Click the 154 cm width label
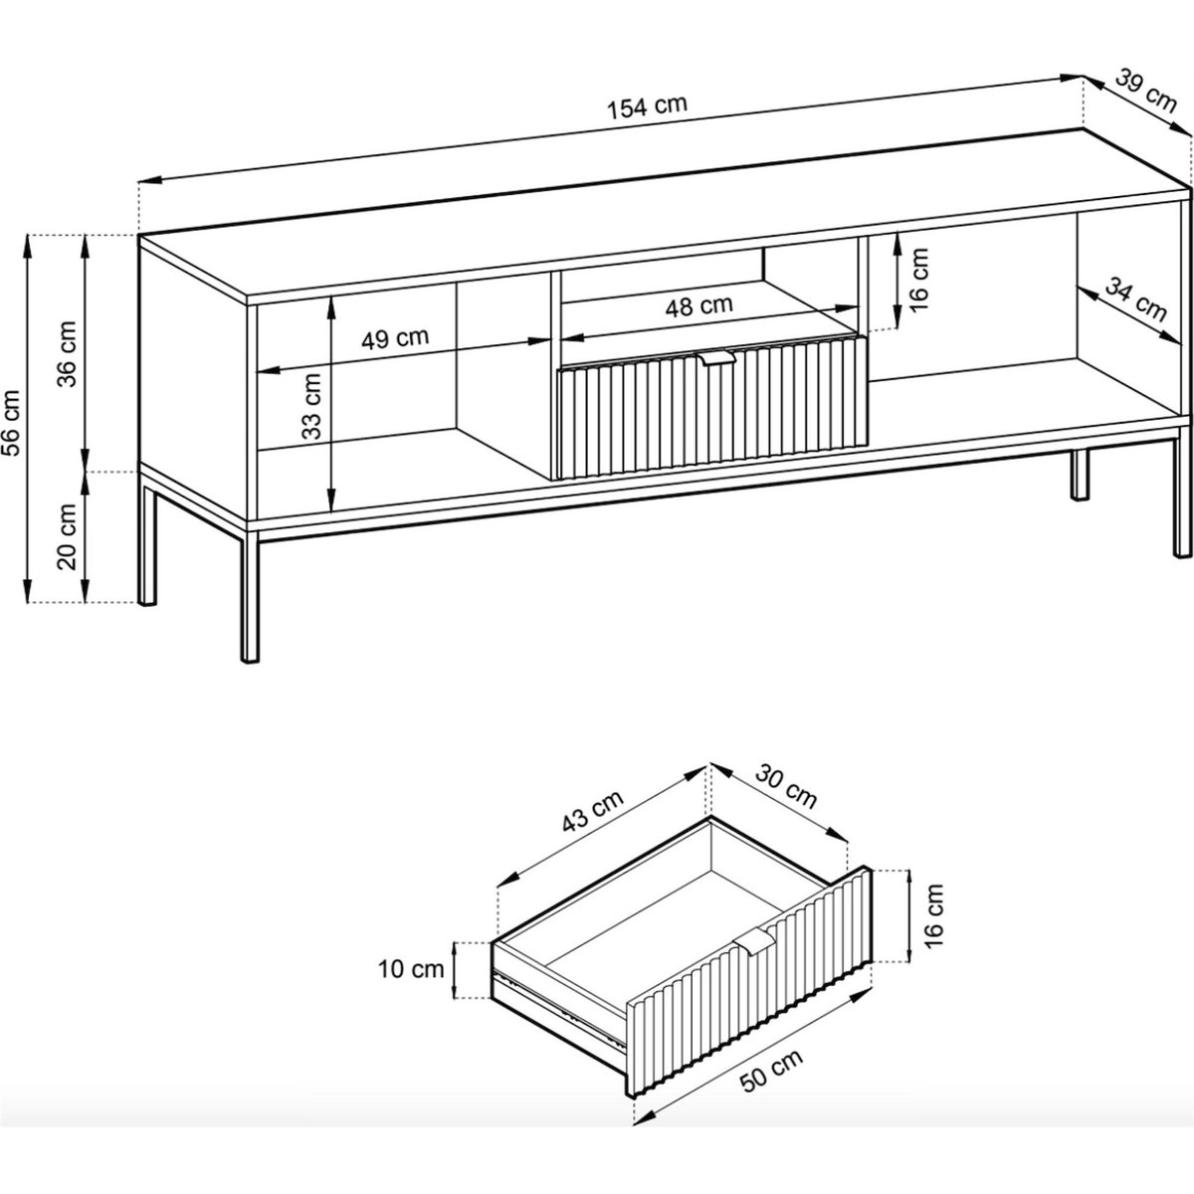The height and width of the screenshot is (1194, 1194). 647,105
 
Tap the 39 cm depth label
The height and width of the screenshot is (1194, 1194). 1146,92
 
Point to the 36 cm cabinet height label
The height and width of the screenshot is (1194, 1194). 67,354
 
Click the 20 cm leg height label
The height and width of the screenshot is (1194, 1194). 67,536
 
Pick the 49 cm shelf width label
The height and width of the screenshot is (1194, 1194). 395,338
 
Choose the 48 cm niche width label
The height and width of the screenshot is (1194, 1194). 698,305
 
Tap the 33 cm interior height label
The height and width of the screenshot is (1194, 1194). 311,406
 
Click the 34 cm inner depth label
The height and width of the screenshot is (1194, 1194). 1135,299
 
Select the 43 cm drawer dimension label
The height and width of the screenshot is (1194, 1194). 592,811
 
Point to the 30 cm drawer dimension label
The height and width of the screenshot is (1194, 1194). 786,786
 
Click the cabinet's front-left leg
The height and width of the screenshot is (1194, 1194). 250,594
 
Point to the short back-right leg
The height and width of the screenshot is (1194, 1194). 1080,474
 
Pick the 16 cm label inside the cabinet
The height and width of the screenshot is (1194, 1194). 920,280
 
